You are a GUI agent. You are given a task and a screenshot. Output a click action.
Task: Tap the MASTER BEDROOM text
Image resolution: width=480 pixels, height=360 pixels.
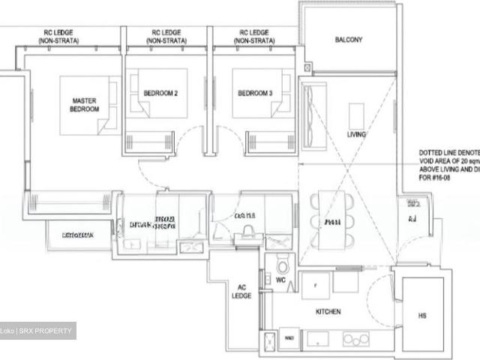tap(85, 105)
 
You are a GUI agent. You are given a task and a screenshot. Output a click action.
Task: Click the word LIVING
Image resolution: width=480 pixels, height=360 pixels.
tap(356, 135)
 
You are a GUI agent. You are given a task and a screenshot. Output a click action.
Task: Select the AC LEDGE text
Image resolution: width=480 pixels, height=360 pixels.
tap(241, 292)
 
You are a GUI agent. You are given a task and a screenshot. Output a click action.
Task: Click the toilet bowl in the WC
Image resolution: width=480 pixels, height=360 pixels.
tap(283, 265)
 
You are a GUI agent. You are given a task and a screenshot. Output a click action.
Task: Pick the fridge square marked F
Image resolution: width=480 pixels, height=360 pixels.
tap(315, 284)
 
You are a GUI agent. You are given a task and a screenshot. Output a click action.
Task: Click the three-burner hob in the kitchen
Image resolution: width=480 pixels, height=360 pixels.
tap(358, 339)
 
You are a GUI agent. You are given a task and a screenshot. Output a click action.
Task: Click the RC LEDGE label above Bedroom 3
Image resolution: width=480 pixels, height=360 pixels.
tap(254, 37)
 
